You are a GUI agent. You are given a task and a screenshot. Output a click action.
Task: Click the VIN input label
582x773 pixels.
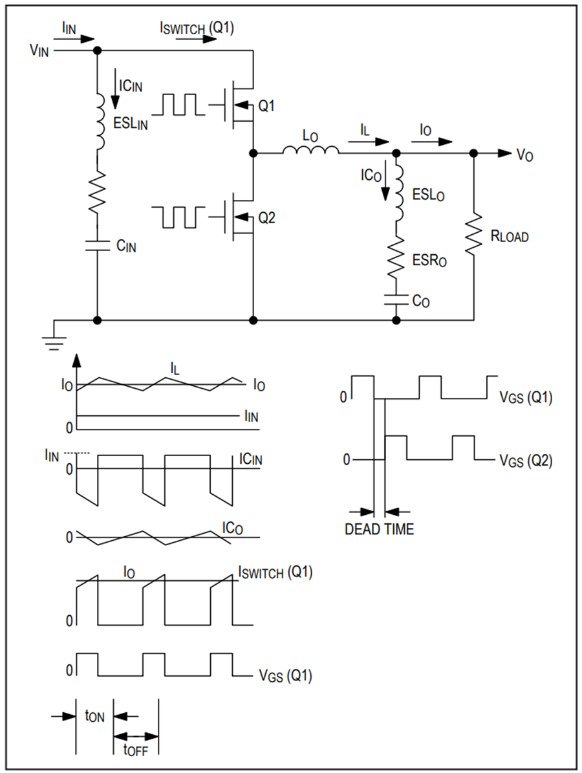coord(39,50)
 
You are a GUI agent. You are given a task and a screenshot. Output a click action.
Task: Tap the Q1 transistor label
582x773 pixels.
coord(266,106)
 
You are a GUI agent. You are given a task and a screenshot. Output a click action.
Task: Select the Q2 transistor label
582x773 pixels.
coord(266,218)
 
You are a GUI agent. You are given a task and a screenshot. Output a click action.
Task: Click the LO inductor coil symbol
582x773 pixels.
coord(310,150)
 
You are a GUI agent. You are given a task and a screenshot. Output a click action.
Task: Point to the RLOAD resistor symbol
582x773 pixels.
coord(474,234)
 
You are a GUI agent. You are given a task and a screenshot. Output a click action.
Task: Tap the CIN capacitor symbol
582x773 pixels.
coord(97,245)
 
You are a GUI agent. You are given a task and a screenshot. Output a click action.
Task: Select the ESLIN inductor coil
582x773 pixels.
coord(100,121)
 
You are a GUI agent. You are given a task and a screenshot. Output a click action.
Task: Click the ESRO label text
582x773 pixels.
coord(429,260)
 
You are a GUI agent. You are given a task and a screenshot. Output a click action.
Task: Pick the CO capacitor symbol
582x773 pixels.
coord(396,299)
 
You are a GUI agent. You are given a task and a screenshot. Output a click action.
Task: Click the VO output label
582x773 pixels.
coord(524,155)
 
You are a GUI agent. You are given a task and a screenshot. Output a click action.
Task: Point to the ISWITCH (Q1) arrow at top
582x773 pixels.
coord(196,38)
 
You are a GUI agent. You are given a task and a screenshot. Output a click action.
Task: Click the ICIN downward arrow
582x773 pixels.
coord(115,89)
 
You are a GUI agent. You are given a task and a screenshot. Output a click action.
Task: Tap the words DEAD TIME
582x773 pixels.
coord(379,529)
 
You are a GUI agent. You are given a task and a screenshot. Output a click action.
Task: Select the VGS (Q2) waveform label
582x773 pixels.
coord(526,461)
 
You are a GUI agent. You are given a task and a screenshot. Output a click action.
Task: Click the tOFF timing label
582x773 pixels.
coord(135,750)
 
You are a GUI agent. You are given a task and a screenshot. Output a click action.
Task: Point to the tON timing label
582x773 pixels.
coord(94,716)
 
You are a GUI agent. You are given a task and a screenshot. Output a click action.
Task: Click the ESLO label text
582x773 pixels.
coord(428,195)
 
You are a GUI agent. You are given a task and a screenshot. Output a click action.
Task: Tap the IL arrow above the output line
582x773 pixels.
coord(369,142)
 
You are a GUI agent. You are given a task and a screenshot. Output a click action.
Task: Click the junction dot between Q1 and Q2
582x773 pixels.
coord(253,153)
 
